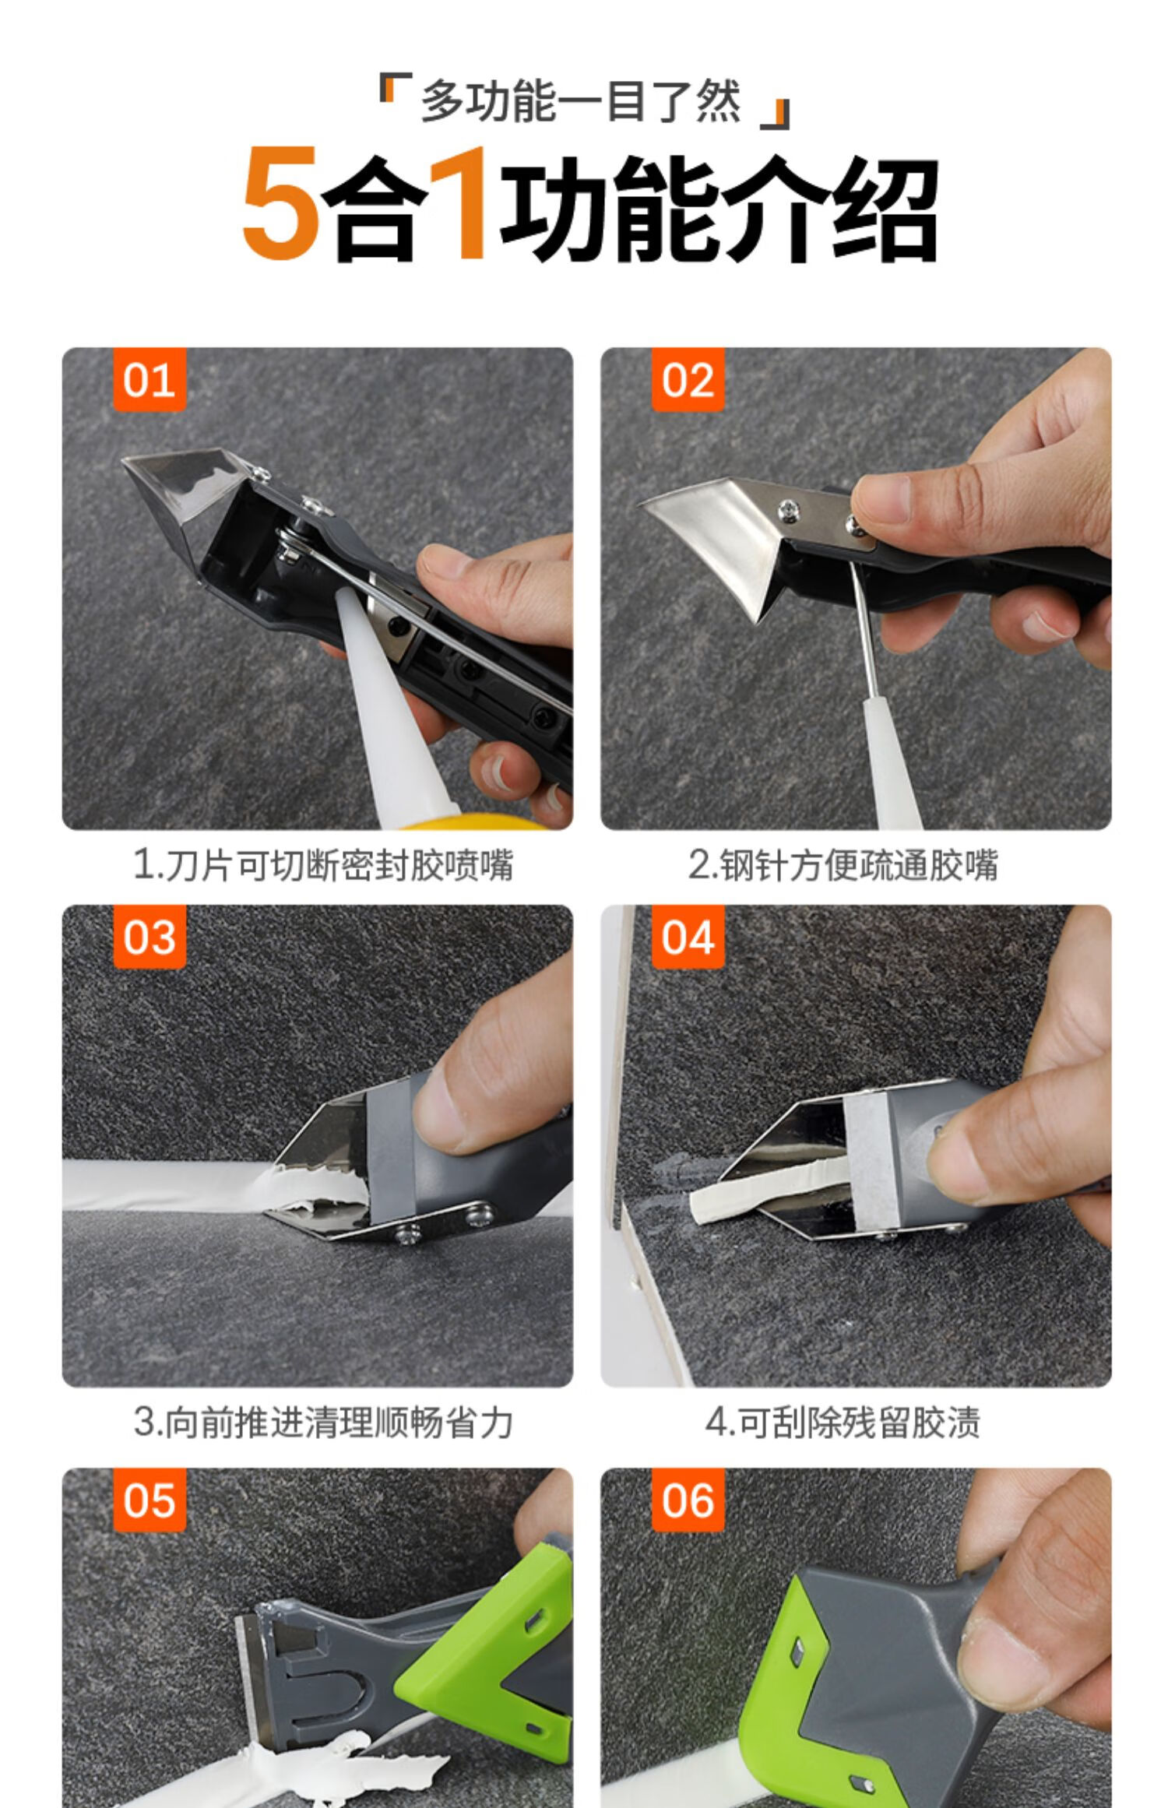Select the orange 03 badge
click(149, 937)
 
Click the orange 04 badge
click(688, 937)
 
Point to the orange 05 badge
click(149, 1499)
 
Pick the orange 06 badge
click(688, 1499)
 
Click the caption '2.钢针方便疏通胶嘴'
click(843, 865)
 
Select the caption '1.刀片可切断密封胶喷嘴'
click(323, 865)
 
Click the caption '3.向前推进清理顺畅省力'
click(323, 1423)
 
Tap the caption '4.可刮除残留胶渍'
click(843, 1423)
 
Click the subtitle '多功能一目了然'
click(581, 101)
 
